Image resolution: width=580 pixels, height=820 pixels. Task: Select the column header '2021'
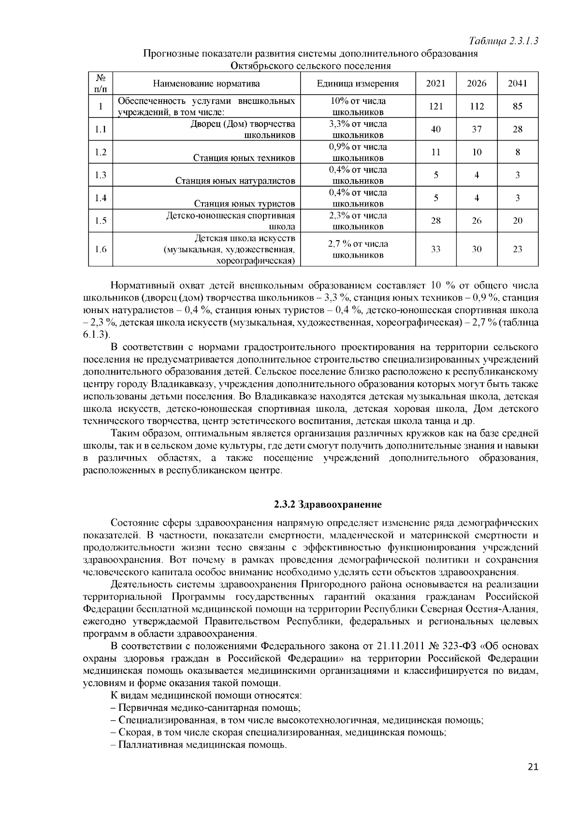pyautogui.click(x=435, y=83)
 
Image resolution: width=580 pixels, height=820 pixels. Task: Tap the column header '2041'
pyautogui.click(x=517, y=83)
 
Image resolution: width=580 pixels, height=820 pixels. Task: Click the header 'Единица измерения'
pyautogui.click(x=358, y=83)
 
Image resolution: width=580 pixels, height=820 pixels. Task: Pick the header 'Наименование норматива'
pyautogui.click(x=206, y=83)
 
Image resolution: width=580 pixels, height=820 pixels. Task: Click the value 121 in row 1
pyautogui.click(x=435, y=106)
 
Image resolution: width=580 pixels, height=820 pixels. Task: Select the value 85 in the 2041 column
pyautogui.click(x=517, y=106)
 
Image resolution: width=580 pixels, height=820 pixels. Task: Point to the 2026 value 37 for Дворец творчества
pyautogui.click(x=477, y=129)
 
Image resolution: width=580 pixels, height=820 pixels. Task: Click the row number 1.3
pyautogui.click(x=101, y=175)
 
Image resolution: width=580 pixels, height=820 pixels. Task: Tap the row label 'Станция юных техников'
pyautogui.click(x=244, y=158)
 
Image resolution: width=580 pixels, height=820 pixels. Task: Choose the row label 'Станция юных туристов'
pyautogui.click(x=244, y=204)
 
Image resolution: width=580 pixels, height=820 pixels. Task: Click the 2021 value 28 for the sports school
pyautogui.click(x=435, y=221)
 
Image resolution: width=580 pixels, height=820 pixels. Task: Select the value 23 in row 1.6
pyautogui.click(x=517, y=249)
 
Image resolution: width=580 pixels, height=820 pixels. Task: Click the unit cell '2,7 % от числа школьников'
pyautogui.click(x=358, y=249)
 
